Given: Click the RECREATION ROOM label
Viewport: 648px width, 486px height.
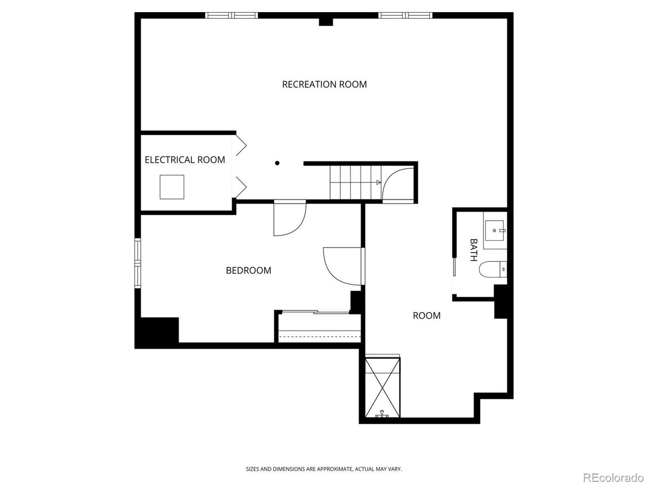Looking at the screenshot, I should (324, 84).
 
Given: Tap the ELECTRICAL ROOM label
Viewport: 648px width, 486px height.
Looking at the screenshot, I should (185, 160).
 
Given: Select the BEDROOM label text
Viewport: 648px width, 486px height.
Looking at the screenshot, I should (248, 270).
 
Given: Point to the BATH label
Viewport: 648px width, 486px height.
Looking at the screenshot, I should (473, 250).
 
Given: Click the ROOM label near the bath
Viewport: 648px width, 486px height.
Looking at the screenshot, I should (426, 315).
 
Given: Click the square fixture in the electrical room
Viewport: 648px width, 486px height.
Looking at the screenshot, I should (172, 187).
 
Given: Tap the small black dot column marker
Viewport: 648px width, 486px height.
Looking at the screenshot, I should (277, 163).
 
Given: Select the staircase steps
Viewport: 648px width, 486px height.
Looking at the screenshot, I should (354, 182).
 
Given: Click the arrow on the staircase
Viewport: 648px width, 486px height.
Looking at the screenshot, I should (378, 182).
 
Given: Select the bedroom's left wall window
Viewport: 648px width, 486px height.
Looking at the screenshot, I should (137, 263).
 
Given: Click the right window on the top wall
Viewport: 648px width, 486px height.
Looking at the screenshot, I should (406, 15).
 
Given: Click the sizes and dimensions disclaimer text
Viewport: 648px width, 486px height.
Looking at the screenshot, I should (324, 469).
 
